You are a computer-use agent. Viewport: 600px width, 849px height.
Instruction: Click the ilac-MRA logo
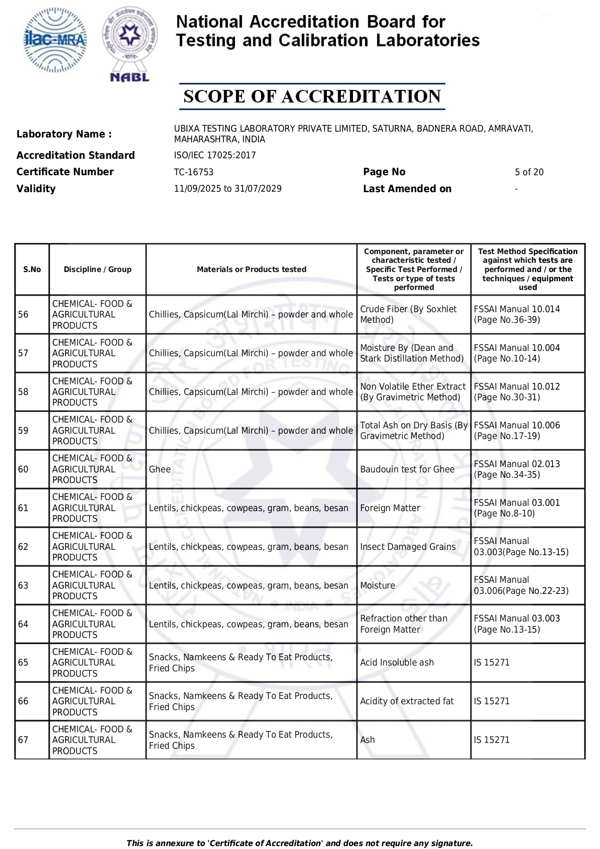point(56,40)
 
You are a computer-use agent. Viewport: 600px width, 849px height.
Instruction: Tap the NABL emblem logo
point(130,44)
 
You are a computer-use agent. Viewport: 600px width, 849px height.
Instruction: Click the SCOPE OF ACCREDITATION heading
point(312,96)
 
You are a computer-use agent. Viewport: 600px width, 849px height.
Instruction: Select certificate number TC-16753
point(193,172)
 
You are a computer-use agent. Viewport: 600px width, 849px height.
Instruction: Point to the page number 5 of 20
point(529,172)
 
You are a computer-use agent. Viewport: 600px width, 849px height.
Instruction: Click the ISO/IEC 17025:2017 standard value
point(215,155)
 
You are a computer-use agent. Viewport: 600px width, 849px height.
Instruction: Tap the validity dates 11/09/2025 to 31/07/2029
point(228,189)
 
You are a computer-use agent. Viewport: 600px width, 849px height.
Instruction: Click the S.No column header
point(32,270)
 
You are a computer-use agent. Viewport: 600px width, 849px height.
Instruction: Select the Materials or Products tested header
point(251,270)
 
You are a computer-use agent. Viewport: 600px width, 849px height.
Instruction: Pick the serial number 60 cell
point(23,470)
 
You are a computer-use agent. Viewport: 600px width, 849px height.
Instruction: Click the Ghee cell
point(160,470)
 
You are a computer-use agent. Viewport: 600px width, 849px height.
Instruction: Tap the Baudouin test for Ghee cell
point(407,470)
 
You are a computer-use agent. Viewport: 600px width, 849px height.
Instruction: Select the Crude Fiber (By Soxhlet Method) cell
point(409,315)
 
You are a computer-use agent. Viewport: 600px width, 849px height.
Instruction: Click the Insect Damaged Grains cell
point(408,547)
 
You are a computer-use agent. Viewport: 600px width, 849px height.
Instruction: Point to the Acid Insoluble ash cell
point(397,663)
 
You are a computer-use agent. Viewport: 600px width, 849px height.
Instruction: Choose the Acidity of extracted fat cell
point(407,701)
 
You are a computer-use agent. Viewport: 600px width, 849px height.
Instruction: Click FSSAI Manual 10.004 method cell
point(517,353)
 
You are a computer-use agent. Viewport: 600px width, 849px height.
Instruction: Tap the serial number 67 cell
point(23,740)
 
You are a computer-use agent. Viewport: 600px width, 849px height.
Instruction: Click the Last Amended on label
point(407,189)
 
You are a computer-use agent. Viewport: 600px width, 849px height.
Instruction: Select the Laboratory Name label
point(64,134)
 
